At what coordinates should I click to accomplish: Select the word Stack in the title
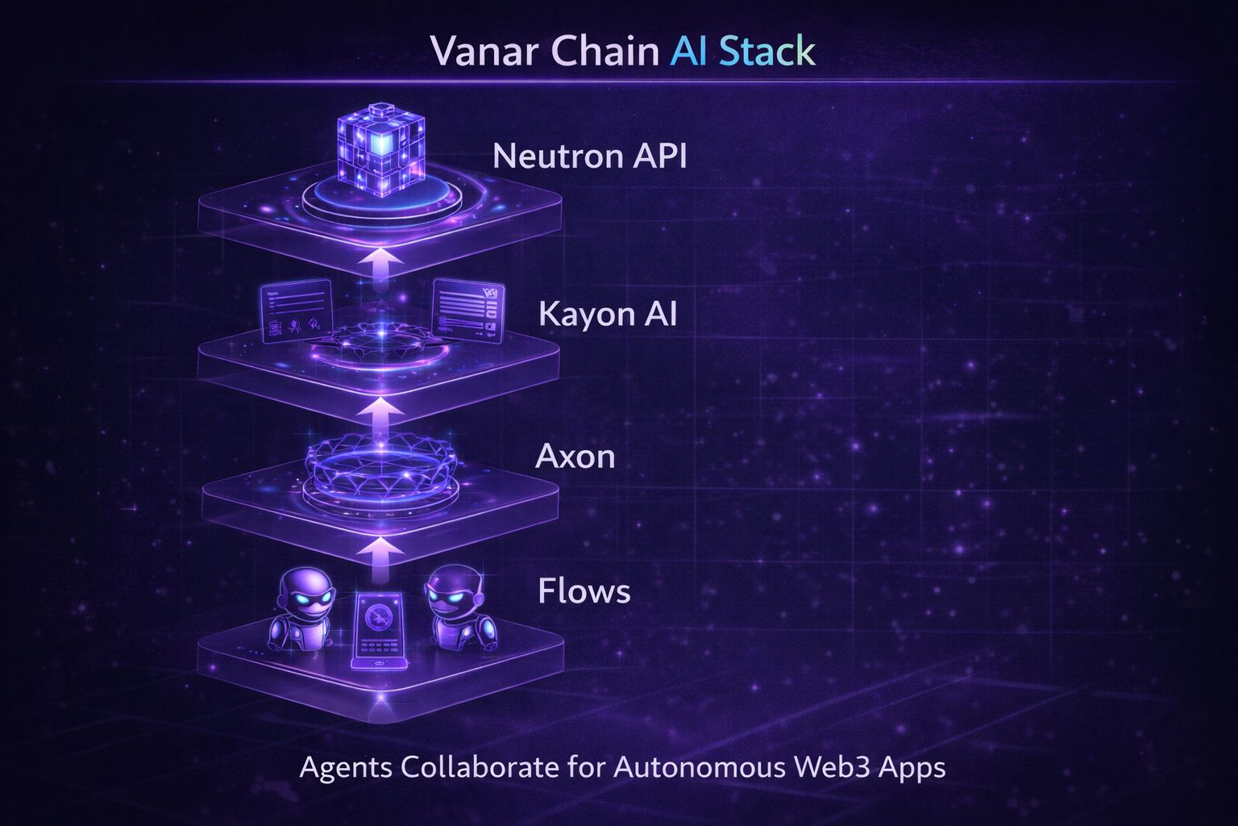pyautogui.click(x=766, y=52)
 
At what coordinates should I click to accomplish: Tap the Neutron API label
pyautogui.click(x=589, y=156)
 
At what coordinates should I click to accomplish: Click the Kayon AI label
pyautogui.click(x=607, y=314)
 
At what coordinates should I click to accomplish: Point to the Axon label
pyautogui.click(x=575, y=457)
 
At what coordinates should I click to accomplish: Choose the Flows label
pyautogui.click(x=584, y=591)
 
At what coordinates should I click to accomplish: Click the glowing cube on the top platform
pyautogui.click(x=380, y=150)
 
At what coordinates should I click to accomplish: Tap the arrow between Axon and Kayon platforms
pyautogui.click(x=380, y=416)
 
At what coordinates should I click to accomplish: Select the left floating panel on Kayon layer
pyautogui.click(x=296, y=311)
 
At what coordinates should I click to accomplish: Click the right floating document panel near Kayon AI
pyautogui.click(x=467, y=311)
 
